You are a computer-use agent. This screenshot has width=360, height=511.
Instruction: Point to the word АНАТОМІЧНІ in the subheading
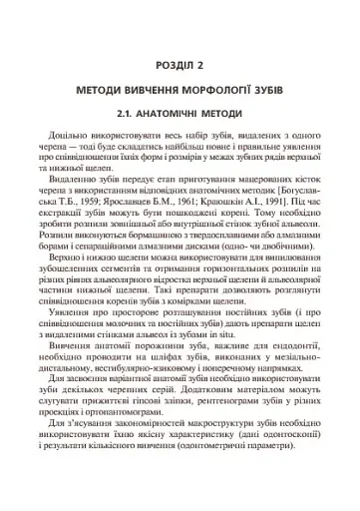pyautogui.click(x=180, y=115)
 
